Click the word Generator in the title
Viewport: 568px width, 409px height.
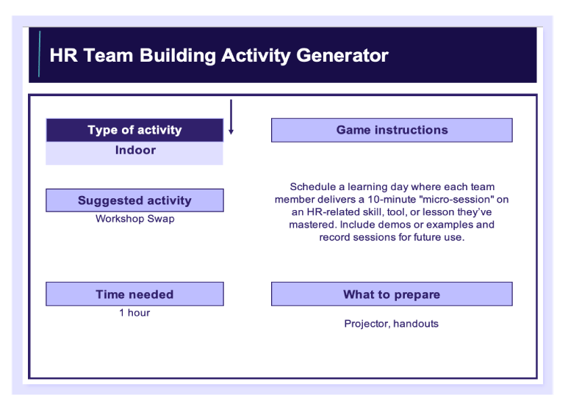[342, 55]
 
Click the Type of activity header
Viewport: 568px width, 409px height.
[134, 130]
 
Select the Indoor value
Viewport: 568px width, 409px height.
[135, 150]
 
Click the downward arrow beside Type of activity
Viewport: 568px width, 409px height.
[231, 117]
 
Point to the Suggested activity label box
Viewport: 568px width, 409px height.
[134, 200]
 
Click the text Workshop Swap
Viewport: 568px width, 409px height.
[135, 219]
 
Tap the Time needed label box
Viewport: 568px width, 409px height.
[134, 294]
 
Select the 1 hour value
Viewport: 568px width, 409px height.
[134, 313]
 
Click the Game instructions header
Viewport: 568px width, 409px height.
[392, 130]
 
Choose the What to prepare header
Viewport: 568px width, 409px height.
[392, 294]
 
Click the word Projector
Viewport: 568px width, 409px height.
[367, 324]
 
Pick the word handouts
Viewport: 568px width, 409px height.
[416, 324]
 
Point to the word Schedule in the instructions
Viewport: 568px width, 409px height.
[313, 187]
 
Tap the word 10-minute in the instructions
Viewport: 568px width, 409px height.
[392, 200]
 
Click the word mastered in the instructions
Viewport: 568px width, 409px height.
[313, 225]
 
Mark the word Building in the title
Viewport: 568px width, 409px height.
[178, 56]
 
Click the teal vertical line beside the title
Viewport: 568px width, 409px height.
[39, 54]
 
